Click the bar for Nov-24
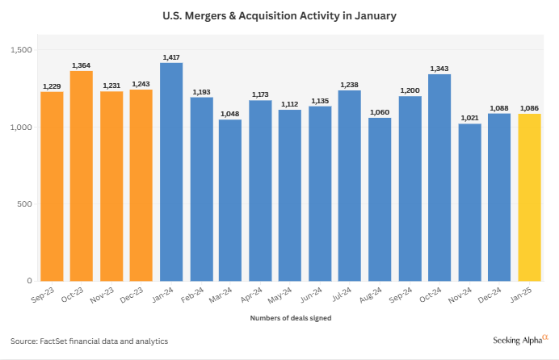(x=469, y=202)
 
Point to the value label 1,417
(x=171, y=57)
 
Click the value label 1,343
(x=439, y=68)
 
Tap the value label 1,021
(x=469, y=117)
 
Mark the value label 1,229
(x=52, y=86)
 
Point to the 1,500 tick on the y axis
(x=20, y=50)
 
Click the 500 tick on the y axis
(x=24, y=203)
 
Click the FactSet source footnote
(x=89, y=341)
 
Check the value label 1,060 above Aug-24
(x=380, y=111)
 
